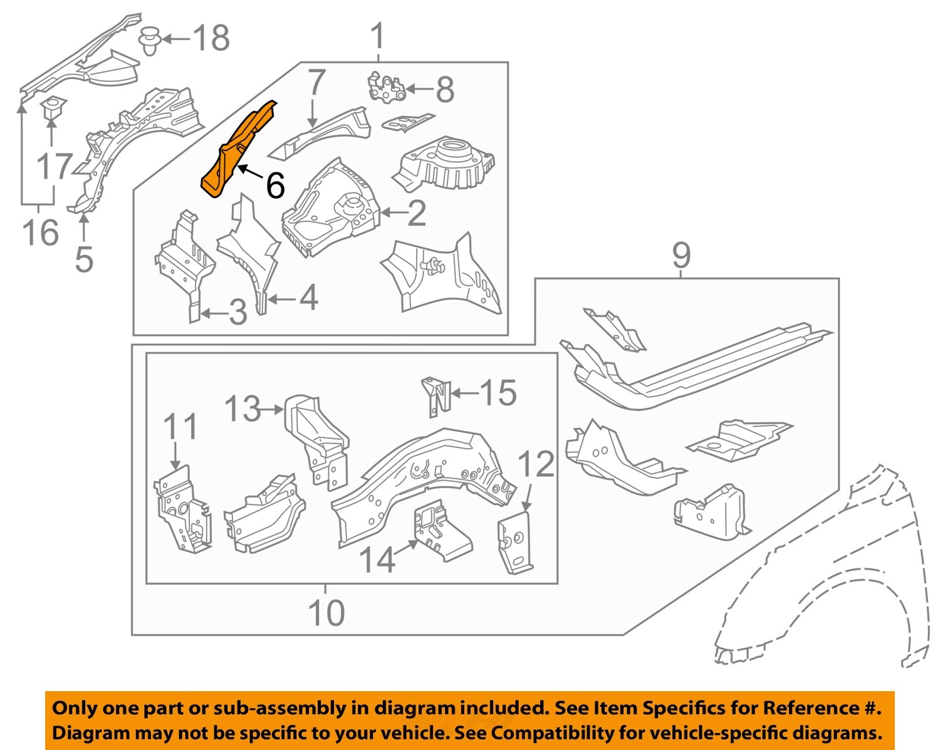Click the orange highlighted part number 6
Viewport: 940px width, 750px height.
click(x=235, y=150)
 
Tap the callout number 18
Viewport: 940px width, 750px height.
click(x=211, y=38)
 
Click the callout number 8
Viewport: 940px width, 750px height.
click(x=444, y=90)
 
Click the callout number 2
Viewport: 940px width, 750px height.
click(x=417, y=213)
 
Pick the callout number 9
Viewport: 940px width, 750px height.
click(x=681, y=255)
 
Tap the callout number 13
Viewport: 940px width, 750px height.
click(x=242, y=409)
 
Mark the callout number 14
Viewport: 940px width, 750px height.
click(x=378, y=560)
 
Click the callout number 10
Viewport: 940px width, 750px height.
click(x=326, y=612)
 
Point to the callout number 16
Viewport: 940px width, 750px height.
click(x=41, y=232)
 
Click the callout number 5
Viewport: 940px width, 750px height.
click(x=84, y=259)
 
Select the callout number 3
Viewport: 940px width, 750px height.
click(x=238, y=312)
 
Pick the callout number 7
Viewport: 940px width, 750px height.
click(x=317, y=84)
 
